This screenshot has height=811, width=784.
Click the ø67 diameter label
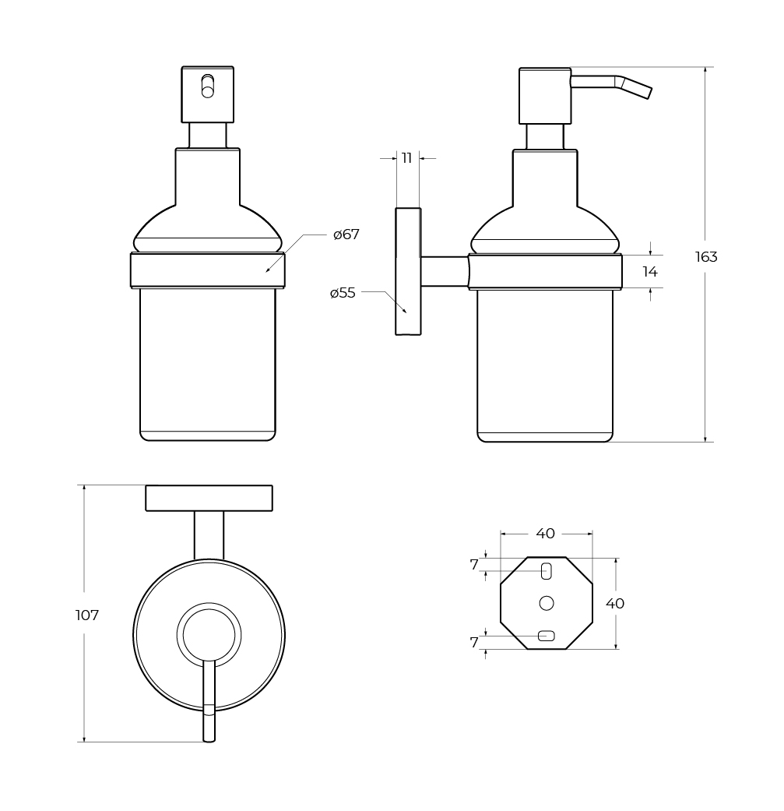(x=346, y=234)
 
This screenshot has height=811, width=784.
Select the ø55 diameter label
(x=343, y=293)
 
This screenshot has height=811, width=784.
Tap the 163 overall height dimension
(x=706, y=256)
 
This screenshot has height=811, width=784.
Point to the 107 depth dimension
(x=87, y=615)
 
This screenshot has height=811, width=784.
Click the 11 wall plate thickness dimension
(x=407, y=158)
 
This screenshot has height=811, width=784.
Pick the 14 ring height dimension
(x=649, y=271)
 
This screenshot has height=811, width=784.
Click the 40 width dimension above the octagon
(x=546, y=533)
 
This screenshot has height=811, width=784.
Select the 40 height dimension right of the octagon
(x=615, y=603)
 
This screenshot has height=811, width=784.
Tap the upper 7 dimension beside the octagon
(x=474, y=565)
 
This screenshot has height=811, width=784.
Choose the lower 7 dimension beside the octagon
(x=474, y=643)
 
